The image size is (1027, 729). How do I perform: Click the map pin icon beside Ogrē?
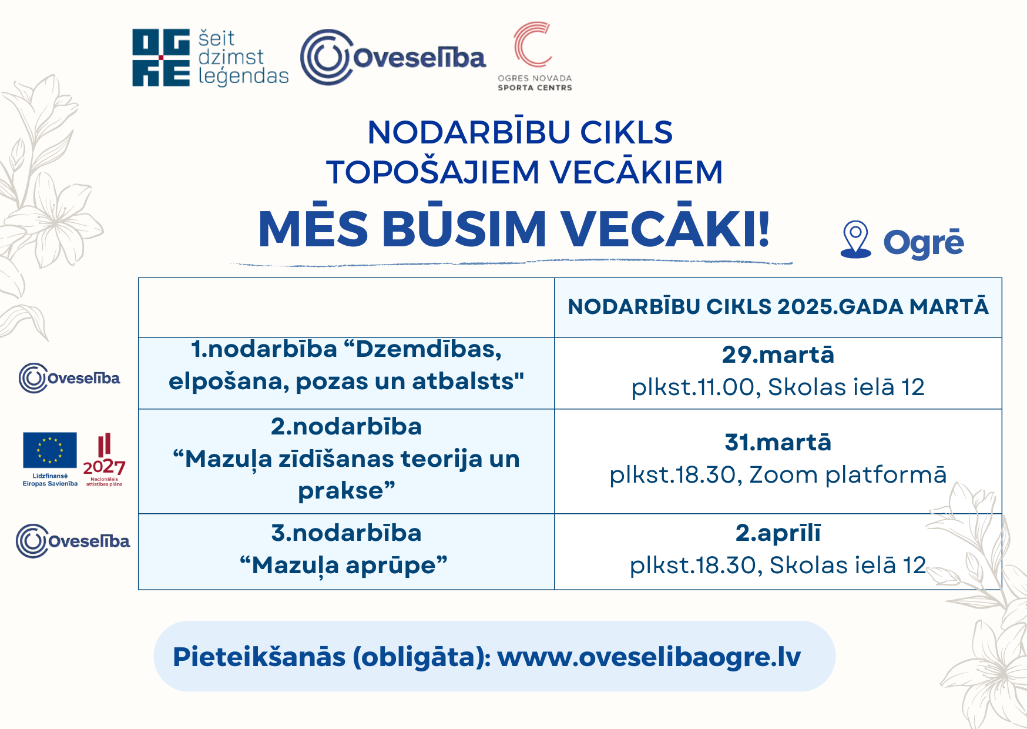pyautogui.click(x=855, y=240)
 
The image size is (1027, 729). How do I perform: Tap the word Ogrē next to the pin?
pyautogui.click(x=924, y=242)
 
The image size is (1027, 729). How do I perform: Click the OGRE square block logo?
pyautogui.click(x=161, y=58)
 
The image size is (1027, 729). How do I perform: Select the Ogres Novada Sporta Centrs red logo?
pyautogui.click(x=533, y=56)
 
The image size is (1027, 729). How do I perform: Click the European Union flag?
pyautogui.click(x=50, y=450)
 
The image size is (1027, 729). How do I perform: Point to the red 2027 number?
pyautogui.click(x=104, y=467)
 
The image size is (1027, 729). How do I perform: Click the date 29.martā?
pyautogui.click(x=778, y=355)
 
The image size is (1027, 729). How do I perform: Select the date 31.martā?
pyautogui.click(x=778, y=442)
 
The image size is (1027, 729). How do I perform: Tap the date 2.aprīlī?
pyautogui.click(x=778, y=533)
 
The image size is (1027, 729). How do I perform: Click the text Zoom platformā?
pyautogui.click(x=848, y=475)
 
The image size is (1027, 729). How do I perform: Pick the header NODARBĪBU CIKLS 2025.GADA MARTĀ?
pyautogui.click(x=778, y=306)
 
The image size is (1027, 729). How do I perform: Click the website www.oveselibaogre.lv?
pyautogui.click(x=649, y=657)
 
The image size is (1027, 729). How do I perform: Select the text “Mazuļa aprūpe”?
pyautogui.click(x=344, y=566)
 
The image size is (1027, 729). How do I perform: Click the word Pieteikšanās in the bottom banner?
pyautogui.click(x=259, y=656)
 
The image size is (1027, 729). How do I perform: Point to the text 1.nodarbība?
pyautogui.click(x=264, y=349)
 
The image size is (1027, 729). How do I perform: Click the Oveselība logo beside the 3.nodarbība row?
pyautogui.click(x=73, y=541)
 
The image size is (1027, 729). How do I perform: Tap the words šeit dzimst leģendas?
pyautogui.click(x=243, y=58)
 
